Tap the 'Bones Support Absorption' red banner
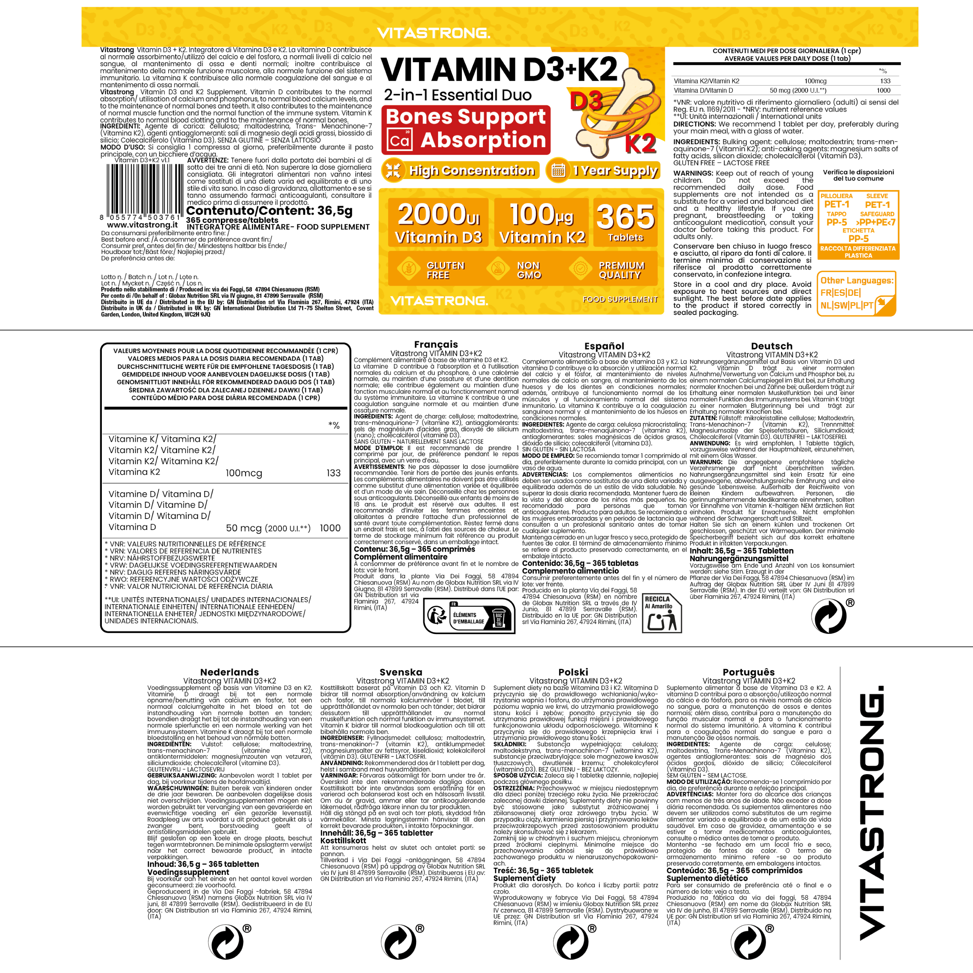click(466, 129)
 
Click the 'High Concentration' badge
click(460, 171)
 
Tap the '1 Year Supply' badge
click(603, 171)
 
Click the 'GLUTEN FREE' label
click(431, 270)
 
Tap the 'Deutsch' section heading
click(772, 346)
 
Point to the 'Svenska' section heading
click(401, 672)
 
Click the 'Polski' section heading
click(573, 672)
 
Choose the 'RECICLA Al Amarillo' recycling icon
click(662, 613)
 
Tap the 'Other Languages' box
click(857, 294)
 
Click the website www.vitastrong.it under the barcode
click(142, 225)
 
